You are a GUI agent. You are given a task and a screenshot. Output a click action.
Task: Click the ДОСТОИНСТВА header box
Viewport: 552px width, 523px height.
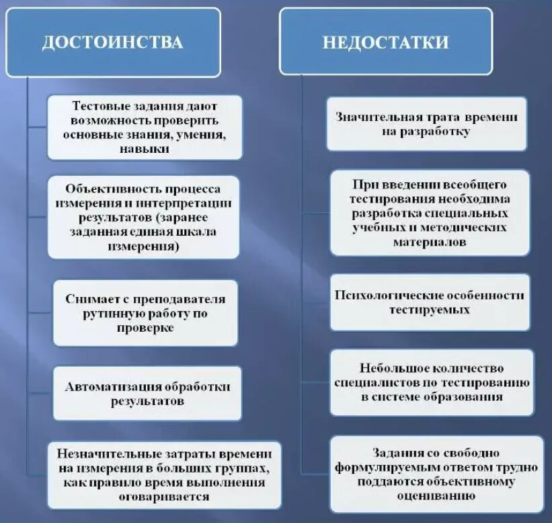[x=113, y=42]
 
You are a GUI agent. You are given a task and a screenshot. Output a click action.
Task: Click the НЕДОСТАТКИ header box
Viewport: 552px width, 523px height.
[x=385, y=42]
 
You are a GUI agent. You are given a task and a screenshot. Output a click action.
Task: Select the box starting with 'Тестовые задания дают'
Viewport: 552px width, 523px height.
[x=145, y=127]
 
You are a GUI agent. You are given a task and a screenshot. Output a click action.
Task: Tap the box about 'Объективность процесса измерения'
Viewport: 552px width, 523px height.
[x=144, y=215]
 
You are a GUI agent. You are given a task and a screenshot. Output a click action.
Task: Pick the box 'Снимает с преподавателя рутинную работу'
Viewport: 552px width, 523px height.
[x=145, y=313]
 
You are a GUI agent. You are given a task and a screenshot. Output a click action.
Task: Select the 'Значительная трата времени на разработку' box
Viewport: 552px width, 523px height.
[x=426, y=124]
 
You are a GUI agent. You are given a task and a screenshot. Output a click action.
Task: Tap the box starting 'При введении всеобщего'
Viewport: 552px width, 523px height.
[x=430, y=212]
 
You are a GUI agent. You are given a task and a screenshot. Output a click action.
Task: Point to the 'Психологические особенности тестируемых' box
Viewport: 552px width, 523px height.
[x=429, y=302]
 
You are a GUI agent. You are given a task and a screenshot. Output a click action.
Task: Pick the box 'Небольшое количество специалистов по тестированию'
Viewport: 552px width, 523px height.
[x=432, y=382]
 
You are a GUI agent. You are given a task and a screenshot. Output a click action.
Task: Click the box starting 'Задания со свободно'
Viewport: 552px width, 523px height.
[x=437, y=473]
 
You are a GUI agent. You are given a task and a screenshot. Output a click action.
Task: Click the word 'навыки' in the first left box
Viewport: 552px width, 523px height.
[x=146, y=149]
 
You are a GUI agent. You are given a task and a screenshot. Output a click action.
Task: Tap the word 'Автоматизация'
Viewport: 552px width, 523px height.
[x=104, y=386]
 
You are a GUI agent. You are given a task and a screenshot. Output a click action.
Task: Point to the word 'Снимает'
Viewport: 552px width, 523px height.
[x=91, y=299]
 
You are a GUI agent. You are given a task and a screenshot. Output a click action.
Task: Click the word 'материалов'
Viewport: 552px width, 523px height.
[x=430, y=242]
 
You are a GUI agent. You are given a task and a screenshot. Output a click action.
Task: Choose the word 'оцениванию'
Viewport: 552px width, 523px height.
[x=437, y=495]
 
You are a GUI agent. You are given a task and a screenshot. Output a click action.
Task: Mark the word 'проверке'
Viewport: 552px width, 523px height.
[x=145, y=328]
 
